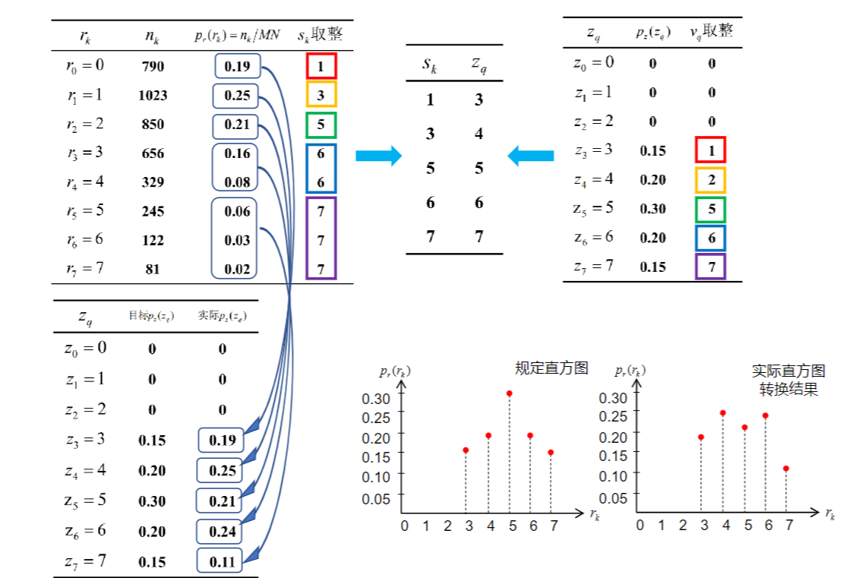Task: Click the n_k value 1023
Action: point(153,96)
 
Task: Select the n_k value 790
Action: point(153,66)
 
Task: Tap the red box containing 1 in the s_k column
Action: point(321,66)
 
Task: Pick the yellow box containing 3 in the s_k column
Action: point(321,95)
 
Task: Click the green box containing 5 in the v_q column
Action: point(711,209)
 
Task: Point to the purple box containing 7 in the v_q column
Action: point(711,267)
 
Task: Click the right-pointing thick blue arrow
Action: point(378,156)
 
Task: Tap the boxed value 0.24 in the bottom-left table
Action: point(222,532)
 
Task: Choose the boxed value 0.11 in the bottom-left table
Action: point(222,562)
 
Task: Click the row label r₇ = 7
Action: point(84,269)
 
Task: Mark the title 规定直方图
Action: point(551,368)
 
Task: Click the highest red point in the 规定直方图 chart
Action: point(509,393)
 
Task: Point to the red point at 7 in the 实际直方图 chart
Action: point(786,469)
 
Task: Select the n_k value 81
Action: point(153,269)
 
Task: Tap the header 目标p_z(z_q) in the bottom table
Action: point(152,315)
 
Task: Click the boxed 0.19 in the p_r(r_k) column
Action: point(238,66)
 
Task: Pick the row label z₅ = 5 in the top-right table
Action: point(594,208)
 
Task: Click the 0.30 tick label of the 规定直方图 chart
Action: point(376,398)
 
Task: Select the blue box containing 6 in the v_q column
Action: point(711,238)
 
